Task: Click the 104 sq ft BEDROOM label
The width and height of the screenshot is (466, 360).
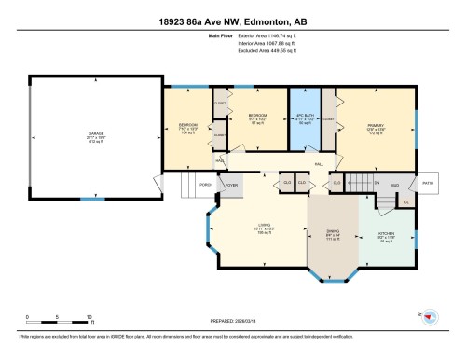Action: [x=187, y=127]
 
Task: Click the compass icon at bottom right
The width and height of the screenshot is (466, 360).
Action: [x=430, y=317]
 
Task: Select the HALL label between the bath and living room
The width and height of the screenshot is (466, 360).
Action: [x=319, y=164]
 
